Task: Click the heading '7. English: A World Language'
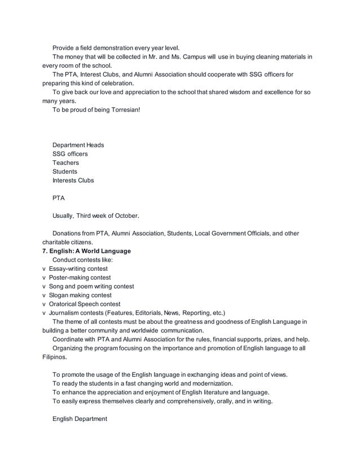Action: point(86,251)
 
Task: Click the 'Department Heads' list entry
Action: point(78,145)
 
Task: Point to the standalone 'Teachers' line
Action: point(66,162)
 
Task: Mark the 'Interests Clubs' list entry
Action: point(73,181)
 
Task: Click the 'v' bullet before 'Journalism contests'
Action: point(44,313)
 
